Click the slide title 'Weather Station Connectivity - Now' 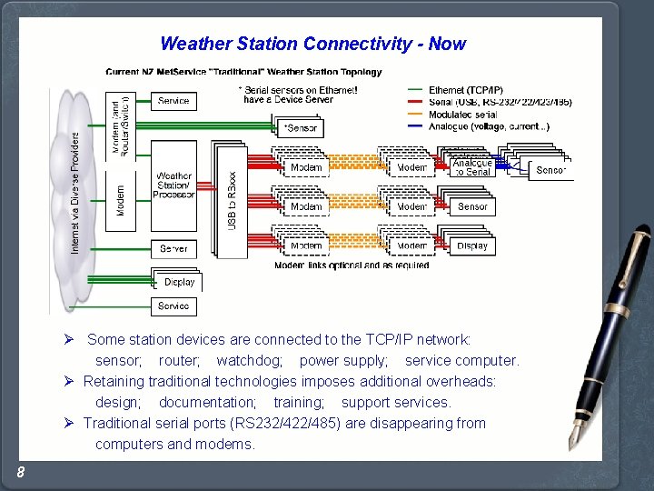pyautogui.click(x=312, y=44)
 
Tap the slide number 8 pyautogui.click(x=20, y=471)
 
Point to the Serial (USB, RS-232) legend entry pyautogui.click(x=500, y=102)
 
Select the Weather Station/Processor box pyautogui.click(x=173, y=186)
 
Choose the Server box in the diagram pyautogui.click(x=173, y=248)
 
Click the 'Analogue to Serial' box pyautogui.click(x=471, y=168)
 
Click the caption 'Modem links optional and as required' pyautogui.click(x=352, y=266)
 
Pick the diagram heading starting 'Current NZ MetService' pyautogui.click(x=243, y=72)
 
